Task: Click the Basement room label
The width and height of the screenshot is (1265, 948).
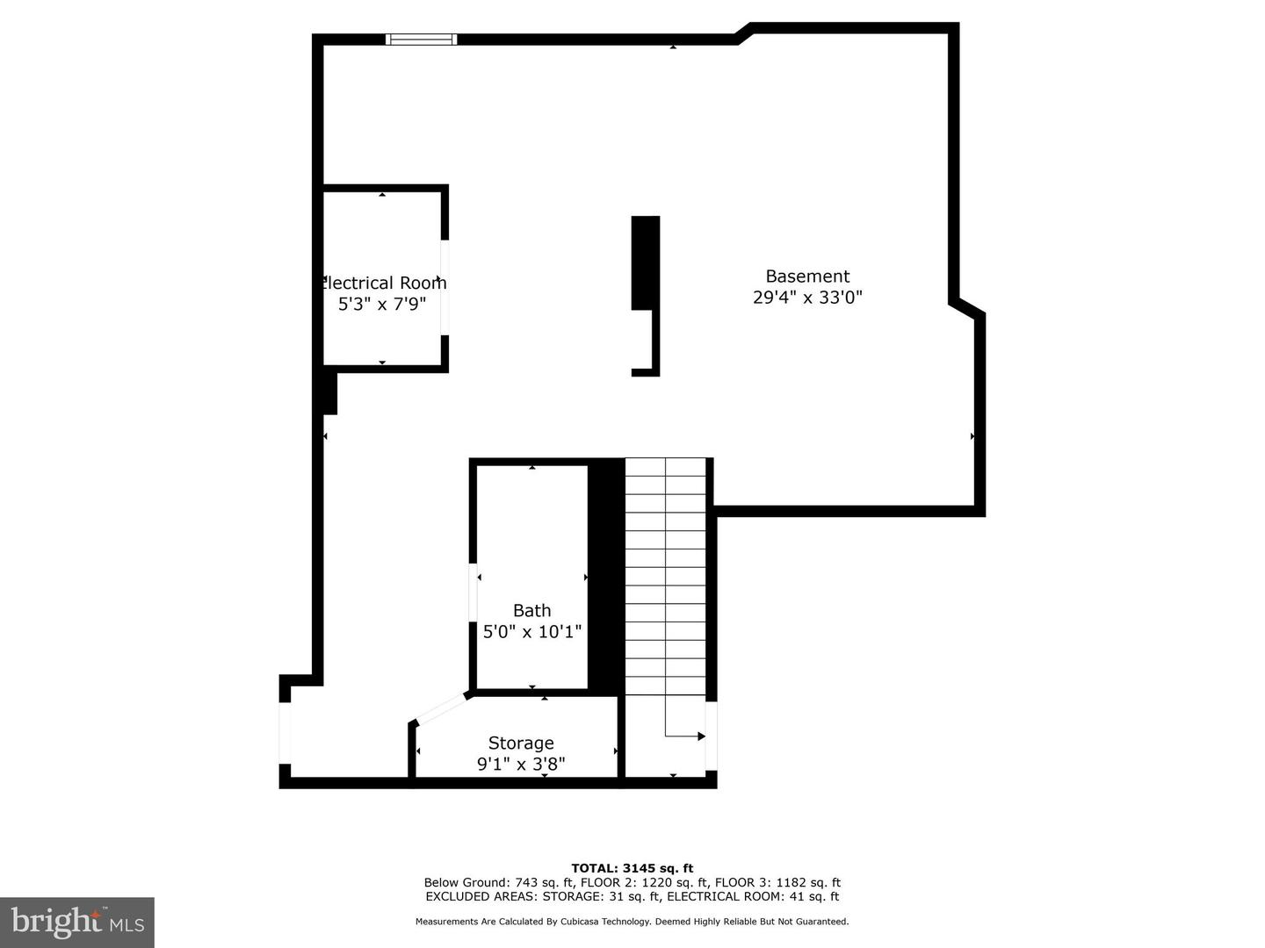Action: (807, 276)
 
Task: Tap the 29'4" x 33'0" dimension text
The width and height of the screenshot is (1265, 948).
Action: (807, 298)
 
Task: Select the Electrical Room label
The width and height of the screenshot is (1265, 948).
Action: (384, 283)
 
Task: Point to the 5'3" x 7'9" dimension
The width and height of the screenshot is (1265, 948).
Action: (382, 305)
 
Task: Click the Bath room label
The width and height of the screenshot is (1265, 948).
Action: (531, 610)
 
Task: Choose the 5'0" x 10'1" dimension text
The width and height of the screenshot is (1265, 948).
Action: (532, 631)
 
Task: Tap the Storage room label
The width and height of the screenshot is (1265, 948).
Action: (521, 743)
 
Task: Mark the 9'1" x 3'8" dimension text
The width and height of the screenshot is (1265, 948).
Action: (521, 765)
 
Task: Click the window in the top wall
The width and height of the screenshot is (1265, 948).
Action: (422, 39)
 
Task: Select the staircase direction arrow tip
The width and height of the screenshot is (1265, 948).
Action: (701, 736)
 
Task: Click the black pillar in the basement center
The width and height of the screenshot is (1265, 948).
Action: (646, 263)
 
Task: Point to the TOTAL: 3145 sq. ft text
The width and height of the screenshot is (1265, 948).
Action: (632, 868)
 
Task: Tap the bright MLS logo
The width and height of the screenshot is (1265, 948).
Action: (77, 922)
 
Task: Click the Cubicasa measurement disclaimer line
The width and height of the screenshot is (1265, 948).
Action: (632, 922)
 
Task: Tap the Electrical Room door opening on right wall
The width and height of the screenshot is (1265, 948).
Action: (445, 287)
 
